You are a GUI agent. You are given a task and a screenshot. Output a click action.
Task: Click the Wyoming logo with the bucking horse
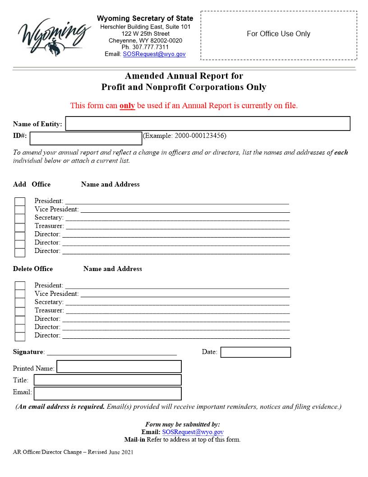(52, 35)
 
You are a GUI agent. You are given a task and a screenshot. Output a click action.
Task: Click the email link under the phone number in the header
(154, 54)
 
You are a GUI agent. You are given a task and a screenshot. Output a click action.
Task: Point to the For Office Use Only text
(278, 34)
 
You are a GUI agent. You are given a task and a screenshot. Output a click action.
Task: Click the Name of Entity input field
(208, 124)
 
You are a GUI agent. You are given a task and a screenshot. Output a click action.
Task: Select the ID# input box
(86, 138)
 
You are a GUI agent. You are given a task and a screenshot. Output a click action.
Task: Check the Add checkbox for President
(20, 201)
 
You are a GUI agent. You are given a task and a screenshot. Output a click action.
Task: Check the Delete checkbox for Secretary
(20, 303)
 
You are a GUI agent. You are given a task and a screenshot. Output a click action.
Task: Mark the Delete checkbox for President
(20, 286)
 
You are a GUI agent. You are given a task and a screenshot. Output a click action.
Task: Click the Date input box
(255, 352)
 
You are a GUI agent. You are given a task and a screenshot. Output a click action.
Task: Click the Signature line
(111, 351)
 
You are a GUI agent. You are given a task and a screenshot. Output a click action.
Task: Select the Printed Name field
(119, 367)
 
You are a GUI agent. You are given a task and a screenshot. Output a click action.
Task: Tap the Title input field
(108, 380)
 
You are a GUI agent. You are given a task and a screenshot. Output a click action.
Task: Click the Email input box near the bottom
(108, 393)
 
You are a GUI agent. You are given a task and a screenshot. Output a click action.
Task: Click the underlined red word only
(127, 106)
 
